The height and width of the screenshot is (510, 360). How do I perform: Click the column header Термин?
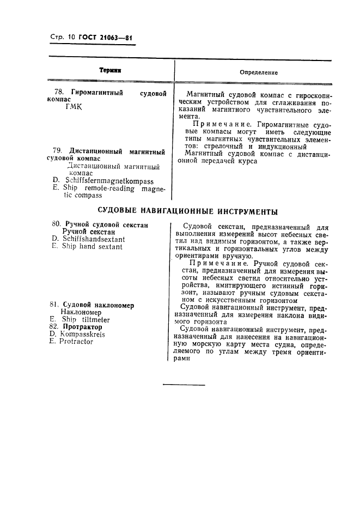pos(110,71)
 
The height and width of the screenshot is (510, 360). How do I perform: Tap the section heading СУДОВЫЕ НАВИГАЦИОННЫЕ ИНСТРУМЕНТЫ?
pos(187,211)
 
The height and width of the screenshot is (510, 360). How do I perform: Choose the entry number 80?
pos(56,224)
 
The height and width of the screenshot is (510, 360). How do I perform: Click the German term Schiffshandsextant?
pos(93,239)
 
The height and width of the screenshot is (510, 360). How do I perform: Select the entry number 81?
pos(54,305)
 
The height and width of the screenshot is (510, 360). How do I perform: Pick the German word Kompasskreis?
pos(83,334)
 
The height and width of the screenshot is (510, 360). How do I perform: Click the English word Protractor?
pos(77,342)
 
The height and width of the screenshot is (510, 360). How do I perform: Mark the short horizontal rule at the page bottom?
pos(184,385)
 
